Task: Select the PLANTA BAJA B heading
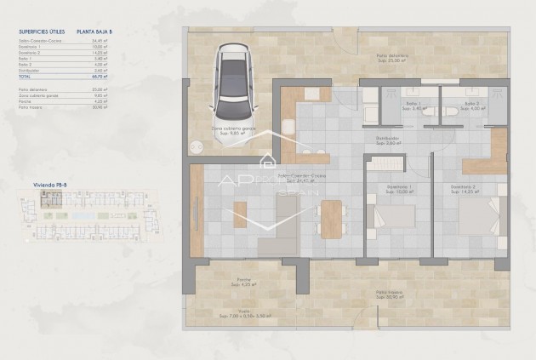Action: (94, 31)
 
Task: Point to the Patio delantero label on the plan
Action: (393, 57)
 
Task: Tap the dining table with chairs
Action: (331, 218)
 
